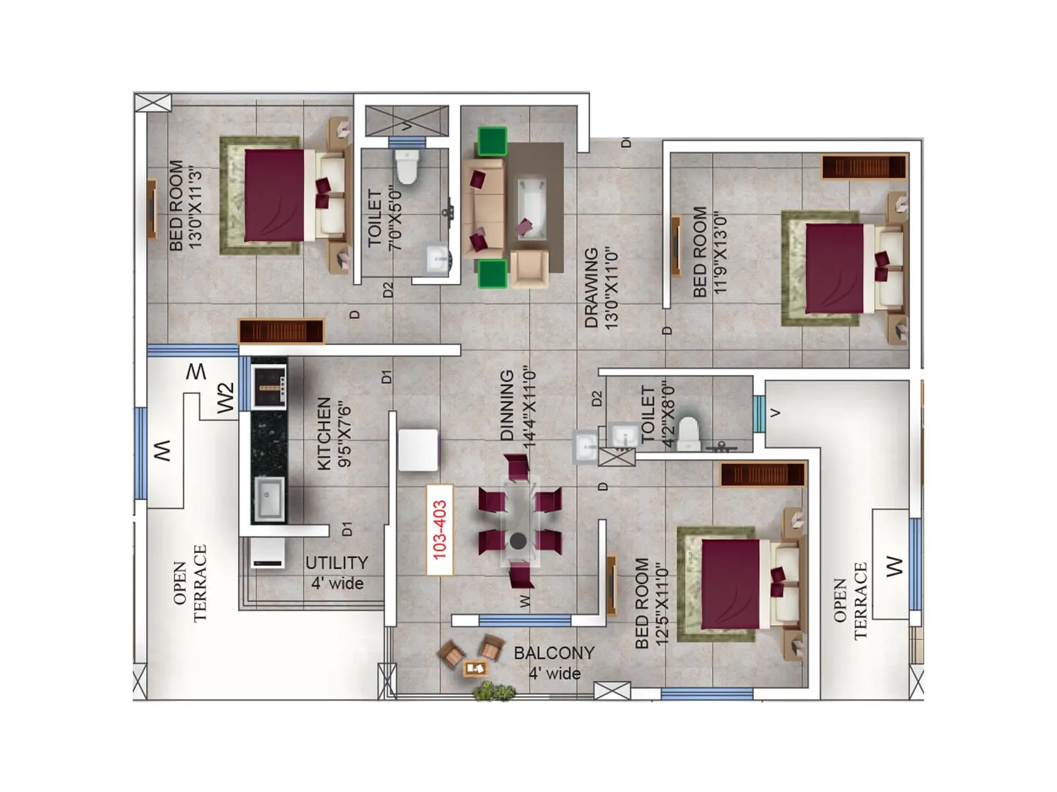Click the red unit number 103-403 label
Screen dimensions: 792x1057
pyautogui.click(x=440, y=530)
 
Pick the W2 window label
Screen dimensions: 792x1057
pyautogui.click(x=226, y=398)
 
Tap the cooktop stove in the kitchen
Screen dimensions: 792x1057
pyautogui.click(x=269, y=385)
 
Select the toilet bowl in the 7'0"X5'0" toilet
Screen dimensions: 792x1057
pyautogui.click(x=407, y=166)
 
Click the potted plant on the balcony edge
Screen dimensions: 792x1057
pyautogui.click(x=494, y=691)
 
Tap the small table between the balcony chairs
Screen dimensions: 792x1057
pyautogui.click(x=474, y=668)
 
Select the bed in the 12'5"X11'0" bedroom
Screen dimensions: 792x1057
pyautogui.click(x=740, y=584)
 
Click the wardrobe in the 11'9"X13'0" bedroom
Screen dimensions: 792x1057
pyautogui.click(x=863, y=166)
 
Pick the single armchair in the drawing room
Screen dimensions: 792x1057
pyautogui.click(x=529, y=268)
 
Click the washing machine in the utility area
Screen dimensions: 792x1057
pyautogui.click(x=268, y=552)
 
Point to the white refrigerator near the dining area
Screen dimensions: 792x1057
pyautogui.click(x=418, y=449)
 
